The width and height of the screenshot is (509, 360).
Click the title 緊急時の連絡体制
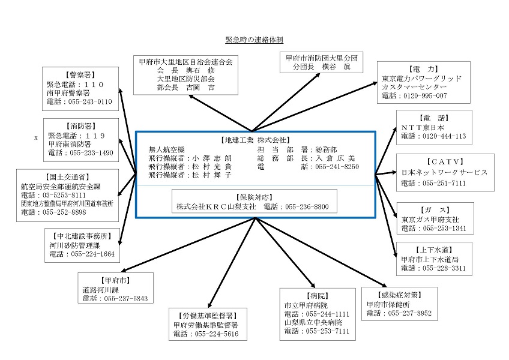[254, 40]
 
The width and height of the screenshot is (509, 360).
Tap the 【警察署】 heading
[80, 75]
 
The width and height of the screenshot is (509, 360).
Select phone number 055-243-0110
[90, 101]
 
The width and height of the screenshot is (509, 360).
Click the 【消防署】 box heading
[81, 126]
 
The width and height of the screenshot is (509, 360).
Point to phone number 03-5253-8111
[64, 195]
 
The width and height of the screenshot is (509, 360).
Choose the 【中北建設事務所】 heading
[82, 236]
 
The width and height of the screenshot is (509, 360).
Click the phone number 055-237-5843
[125, 298]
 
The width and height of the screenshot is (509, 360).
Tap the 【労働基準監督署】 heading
[208, 316]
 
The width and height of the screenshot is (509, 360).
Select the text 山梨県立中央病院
[313, 323]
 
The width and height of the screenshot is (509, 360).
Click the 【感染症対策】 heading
[400, 295]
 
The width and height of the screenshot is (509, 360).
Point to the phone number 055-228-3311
[444, 268]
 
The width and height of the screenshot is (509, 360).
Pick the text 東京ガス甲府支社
[430, 220]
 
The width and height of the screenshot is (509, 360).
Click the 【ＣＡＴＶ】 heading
[445, 162]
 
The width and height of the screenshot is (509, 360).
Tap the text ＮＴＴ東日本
[423, 128]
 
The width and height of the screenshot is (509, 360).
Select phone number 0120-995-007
[425, 96]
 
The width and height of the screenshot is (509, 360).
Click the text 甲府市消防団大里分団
[321, 58]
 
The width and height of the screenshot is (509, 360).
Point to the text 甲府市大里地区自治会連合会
[185, 62]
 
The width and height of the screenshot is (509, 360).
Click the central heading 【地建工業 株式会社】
[256, 140]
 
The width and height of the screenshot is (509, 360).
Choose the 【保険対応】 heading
[254, 197]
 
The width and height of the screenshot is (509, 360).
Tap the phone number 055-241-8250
[337, 167]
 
